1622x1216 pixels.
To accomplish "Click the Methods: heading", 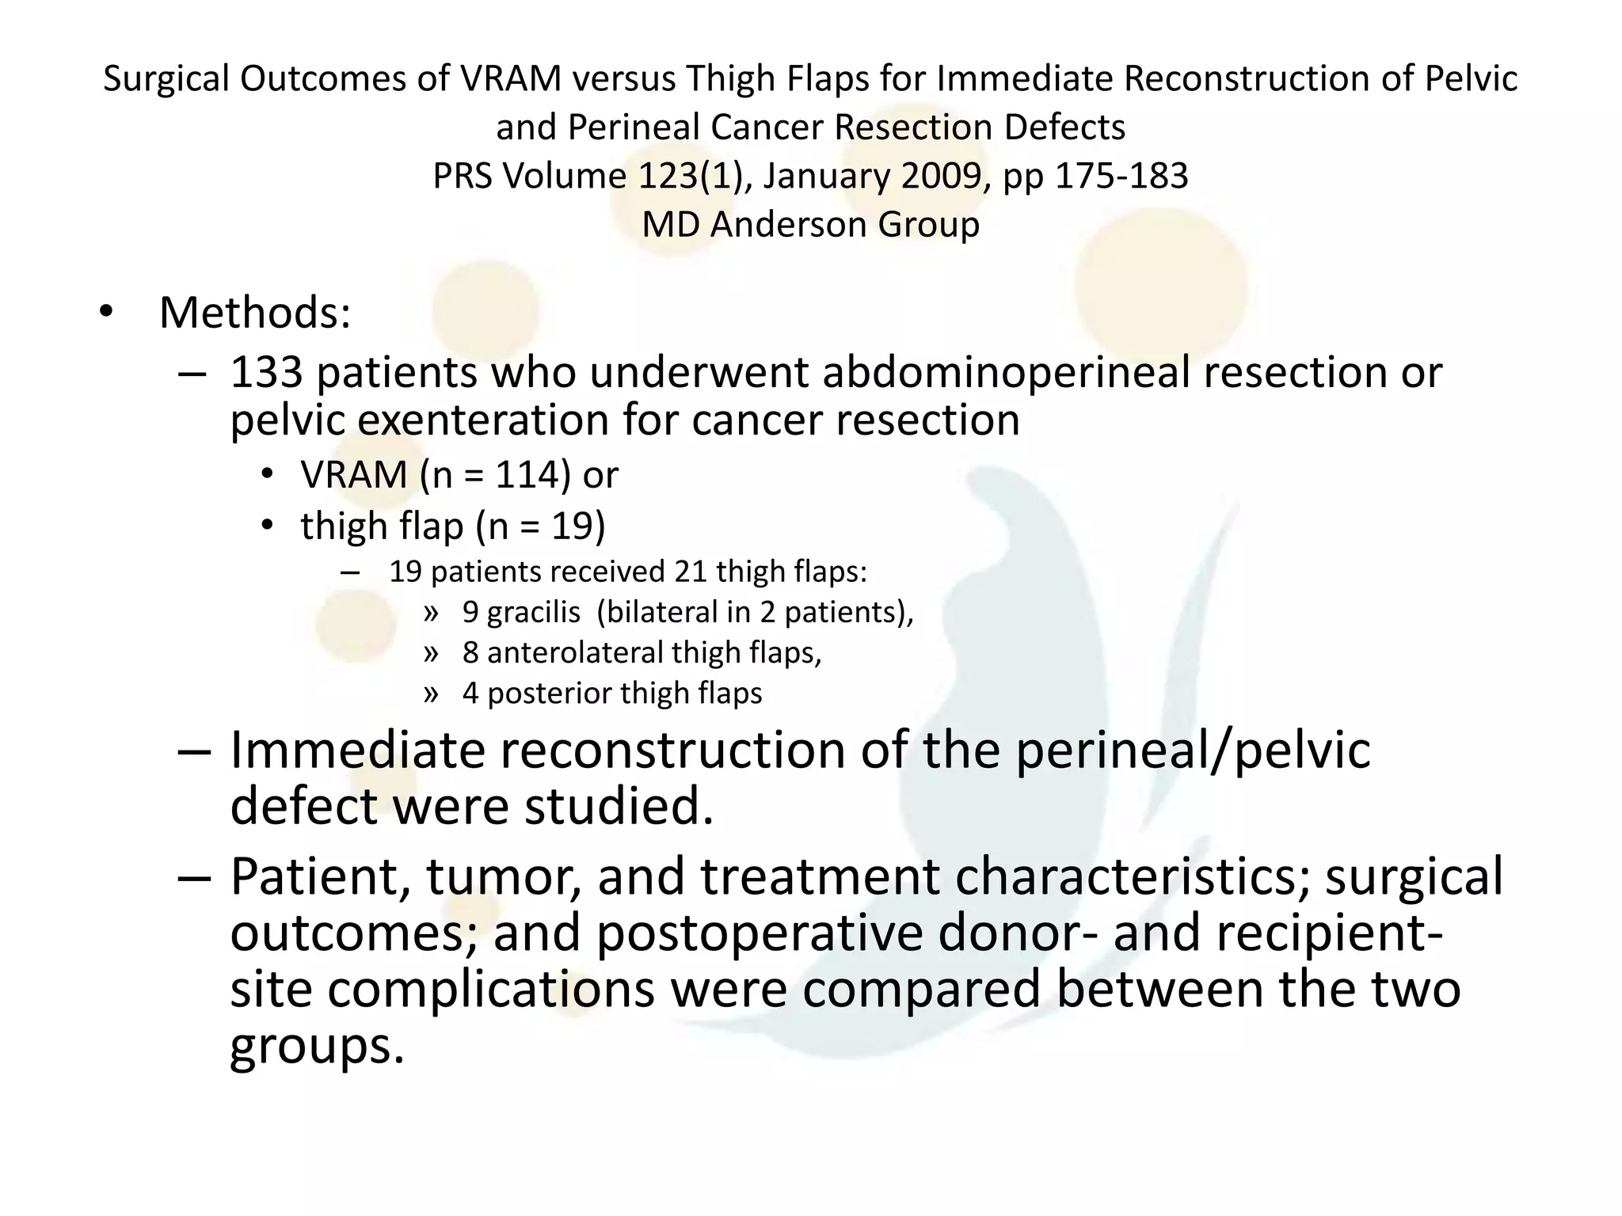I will tap(254, 313).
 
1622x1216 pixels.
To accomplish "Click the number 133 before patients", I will tap(266, 372).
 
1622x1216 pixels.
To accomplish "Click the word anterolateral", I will tap(573, 653).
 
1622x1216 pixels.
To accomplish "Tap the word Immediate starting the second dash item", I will tap(356, 750).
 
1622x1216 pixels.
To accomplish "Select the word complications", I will tap(491, 990).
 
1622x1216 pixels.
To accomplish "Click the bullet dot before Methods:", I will tap(106, 313).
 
